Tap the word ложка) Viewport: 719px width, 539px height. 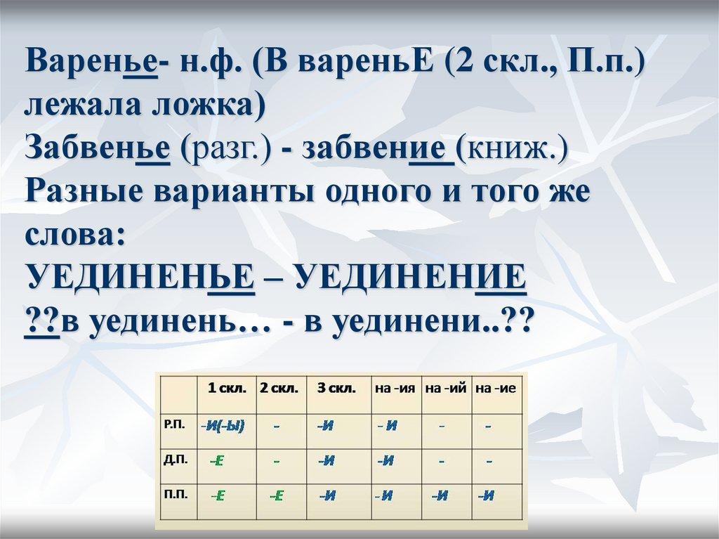click(x=216, y=105)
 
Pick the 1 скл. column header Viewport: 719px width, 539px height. click(x=223, y=388)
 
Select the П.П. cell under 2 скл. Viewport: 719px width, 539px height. click(x=276, y=496)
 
